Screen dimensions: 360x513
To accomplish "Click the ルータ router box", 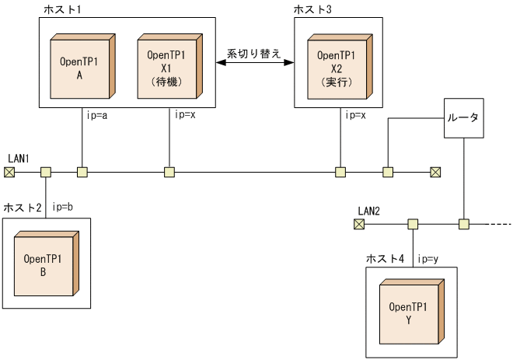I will (x=463, y=119).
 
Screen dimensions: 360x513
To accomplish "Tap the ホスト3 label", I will (x=312, y=8).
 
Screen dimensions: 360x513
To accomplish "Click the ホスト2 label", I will (x=22, y=208).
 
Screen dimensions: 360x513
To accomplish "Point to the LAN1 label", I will (x=19, y=159).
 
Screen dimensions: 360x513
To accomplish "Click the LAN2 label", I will (x=368, y=211).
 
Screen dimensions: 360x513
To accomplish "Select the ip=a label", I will (x=97, y=114).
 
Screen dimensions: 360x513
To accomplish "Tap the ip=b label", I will (x=62, y=208).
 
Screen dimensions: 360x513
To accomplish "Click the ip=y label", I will (x=429, y=257).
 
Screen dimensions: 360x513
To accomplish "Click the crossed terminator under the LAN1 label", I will (x=12, y=171).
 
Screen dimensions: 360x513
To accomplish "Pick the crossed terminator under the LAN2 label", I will (x=358, y=224).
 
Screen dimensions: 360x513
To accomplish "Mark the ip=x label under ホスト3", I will (x=354, y=114).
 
